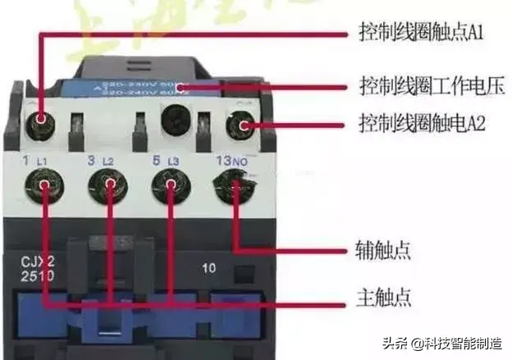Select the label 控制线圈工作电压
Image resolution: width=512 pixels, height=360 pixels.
(x=431, y=86)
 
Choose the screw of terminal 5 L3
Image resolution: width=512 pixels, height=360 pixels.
(x=169, y=185)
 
